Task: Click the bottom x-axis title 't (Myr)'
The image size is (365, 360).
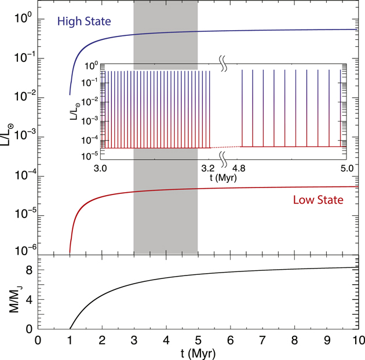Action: (x=199, y=352)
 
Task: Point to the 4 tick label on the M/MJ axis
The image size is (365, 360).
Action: (x=27, y=300)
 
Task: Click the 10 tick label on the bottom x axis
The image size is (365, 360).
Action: (x=359, y=339)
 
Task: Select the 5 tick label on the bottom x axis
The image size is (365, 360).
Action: (x=199, y=339)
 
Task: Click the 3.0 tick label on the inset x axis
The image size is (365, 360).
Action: (x=100, y=168)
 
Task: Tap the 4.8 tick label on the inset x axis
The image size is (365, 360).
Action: (x=240, y=168)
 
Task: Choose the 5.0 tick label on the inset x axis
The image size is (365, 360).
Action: (x=346, y=168)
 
